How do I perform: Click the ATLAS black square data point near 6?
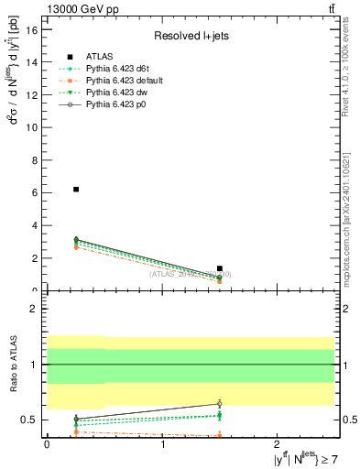[76, 190]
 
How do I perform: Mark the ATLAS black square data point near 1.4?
[220, 268]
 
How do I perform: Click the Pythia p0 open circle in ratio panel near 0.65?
[220, 404]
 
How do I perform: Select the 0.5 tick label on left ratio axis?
[28, 420]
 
